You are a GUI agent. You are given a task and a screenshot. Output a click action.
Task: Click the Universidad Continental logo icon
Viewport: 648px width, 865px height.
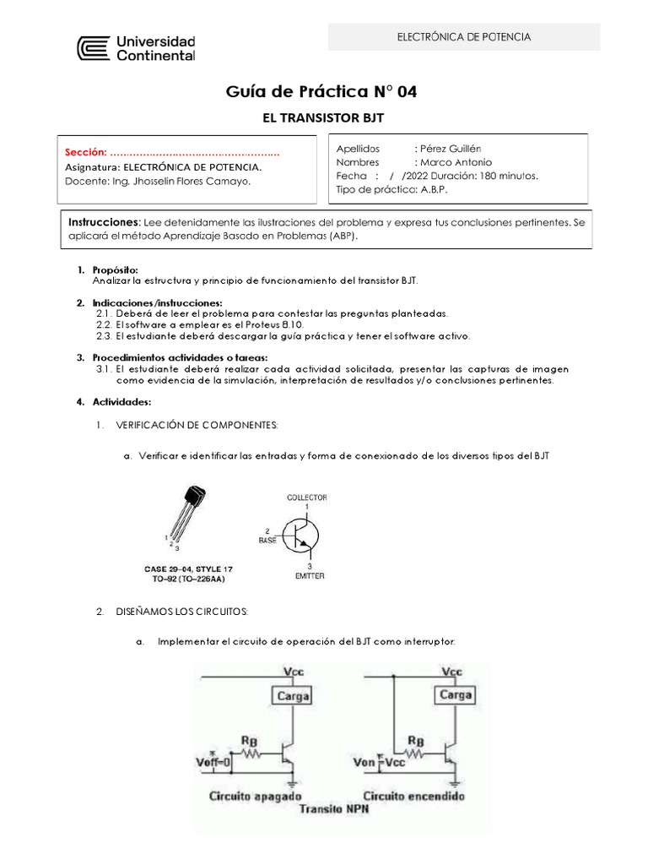94,48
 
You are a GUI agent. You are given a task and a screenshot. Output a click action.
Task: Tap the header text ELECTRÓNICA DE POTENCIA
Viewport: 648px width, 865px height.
463,37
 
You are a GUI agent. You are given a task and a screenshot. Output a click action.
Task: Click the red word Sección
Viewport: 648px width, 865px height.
86,153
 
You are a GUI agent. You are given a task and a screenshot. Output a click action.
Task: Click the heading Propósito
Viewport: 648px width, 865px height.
115,269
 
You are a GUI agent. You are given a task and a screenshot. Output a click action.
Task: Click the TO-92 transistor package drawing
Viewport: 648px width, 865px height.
188,514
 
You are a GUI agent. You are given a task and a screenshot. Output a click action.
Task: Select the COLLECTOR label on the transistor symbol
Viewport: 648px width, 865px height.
306,498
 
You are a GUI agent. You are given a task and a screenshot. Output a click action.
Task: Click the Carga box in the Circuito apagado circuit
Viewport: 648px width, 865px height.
290,696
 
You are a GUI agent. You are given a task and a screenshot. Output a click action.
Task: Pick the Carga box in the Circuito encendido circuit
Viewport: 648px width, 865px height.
456,696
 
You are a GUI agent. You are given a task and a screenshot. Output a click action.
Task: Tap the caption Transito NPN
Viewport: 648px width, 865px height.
334,808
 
